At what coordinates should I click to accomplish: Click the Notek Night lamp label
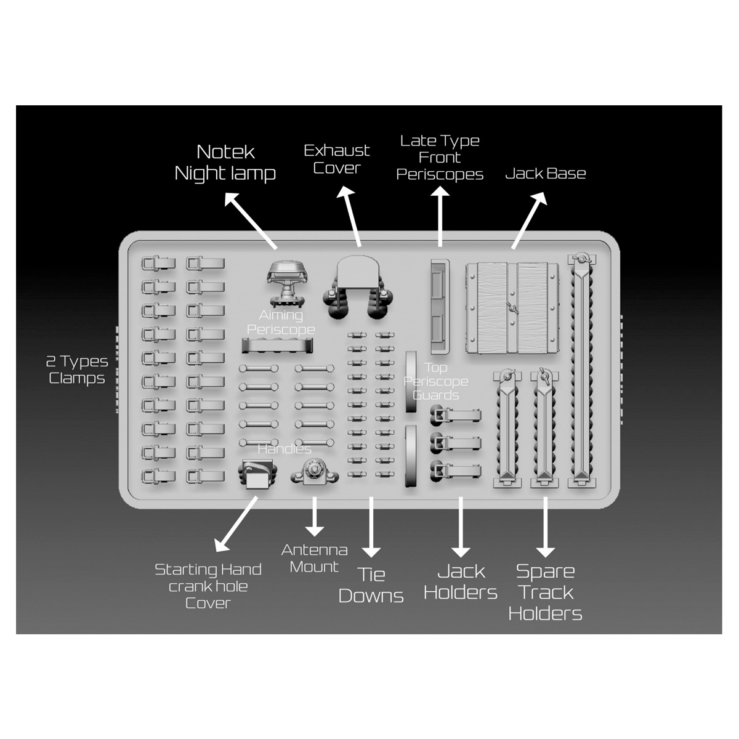[x=225, y=163]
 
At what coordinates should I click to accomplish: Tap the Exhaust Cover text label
[x=337, y=159]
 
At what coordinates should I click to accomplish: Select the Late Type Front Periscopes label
[x=440, y=158]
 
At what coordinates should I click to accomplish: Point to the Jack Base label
[x=545, y=174]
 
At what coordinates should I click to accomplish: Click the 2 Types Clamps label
[x=77, y=369]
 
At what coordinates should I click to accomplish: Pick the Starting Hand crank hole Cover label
[x=208, y=586]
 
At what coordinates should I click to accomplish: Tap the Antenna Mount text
[x=314, y=558]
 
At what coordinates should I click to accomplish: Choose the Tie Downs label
[x=371, y=585]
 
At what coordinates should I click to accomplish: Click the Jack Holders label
[x=461, y=582]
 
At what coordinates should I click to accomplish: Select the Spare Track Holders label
[x=545, y=592]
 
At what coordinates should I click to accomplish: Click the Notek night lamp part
[x=287, y=280]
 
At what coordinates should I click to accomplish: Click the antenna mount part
[x=314, y=474]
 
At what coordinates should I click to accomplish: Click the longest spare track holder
[x=581, y=369]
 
